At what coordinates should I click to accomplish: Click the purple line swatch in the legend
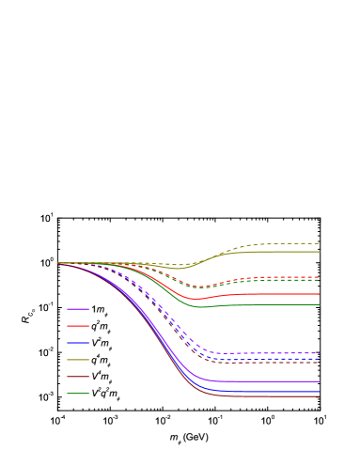tap(78, 309)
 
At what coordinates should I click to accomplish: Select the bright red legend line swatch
tap(78, 326)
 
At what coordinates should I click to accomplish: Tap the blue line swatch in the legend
tap(78, 343)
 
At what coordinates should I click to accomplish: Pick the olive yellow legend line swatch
tap(78, 360)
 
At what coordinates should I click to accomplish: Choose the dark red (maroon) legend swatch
tap(78, 377)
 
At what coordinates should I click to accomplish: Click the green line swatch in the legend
tap(78, 394)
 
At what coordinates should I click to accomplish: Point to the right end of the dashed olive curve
tap(319, 243)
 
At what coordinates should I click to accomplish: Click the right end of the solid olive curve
tap(319, 252)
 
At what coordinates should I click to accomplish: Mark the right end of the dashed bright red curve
tap(319, 277)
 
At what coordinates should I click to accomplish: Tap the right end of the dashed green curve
tap(319, 280)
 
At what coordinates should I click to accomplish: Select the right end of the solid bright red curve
tap(319, 294)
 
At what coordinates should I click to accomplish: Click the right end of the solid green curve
tap(319, 304)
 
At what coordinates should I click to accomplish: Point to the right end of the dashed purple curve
tap(319, 353)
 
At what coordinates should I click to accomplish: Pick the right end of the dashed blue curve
tap(319, 358)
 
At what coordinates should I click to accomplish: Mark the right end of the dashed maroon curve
tap(319, 362)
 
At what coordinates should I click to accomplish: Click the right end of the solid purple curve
tap(319, 382)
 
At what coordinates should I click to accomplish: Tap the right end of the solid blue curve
tap(319, 391)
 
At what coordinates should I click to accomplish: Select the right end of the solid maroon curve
tap(319, 396)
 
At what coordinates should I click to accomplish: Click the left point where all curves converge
tap(58, 263)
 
